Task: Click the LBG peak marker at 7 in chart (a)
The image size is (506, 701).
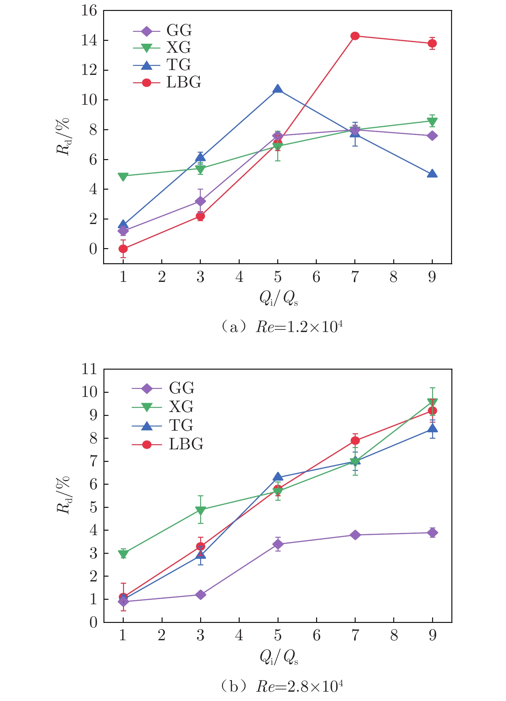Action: [x=355, y=36]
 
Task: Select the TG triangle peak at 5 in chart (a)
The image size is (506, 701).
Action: [x=278, y=89]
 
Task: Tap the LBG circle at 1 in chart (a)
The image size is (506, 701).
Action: [x=123, y=248]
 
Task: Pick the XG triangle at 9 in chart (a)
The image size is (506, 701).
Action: [x=432, y=121]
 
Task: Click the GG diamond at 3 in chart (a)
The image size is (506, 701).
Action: [x=200, y=201]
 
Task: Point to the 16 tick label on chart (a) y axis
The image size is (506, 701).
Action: [x=89, y=11]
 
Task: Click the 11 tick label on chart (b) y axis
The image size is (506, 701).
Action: [x=89, y=369]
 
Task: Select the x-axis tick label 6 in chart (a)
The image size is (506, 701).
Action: [x=316, y=277]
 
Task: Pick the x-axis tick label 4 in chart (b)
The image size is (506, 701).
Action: [x=239, y=635]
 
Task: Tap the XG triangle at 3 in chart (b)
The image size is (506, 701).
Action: [x=200, y=510]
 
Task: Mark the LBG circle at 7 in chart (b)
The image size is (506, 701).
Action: [x=355, y=440]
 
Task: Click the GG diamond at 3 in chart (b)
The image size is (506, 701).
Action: [x=200, y=594]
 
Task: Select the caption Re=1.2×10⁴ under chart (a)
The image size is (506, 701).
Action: [x=299, y=327]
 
